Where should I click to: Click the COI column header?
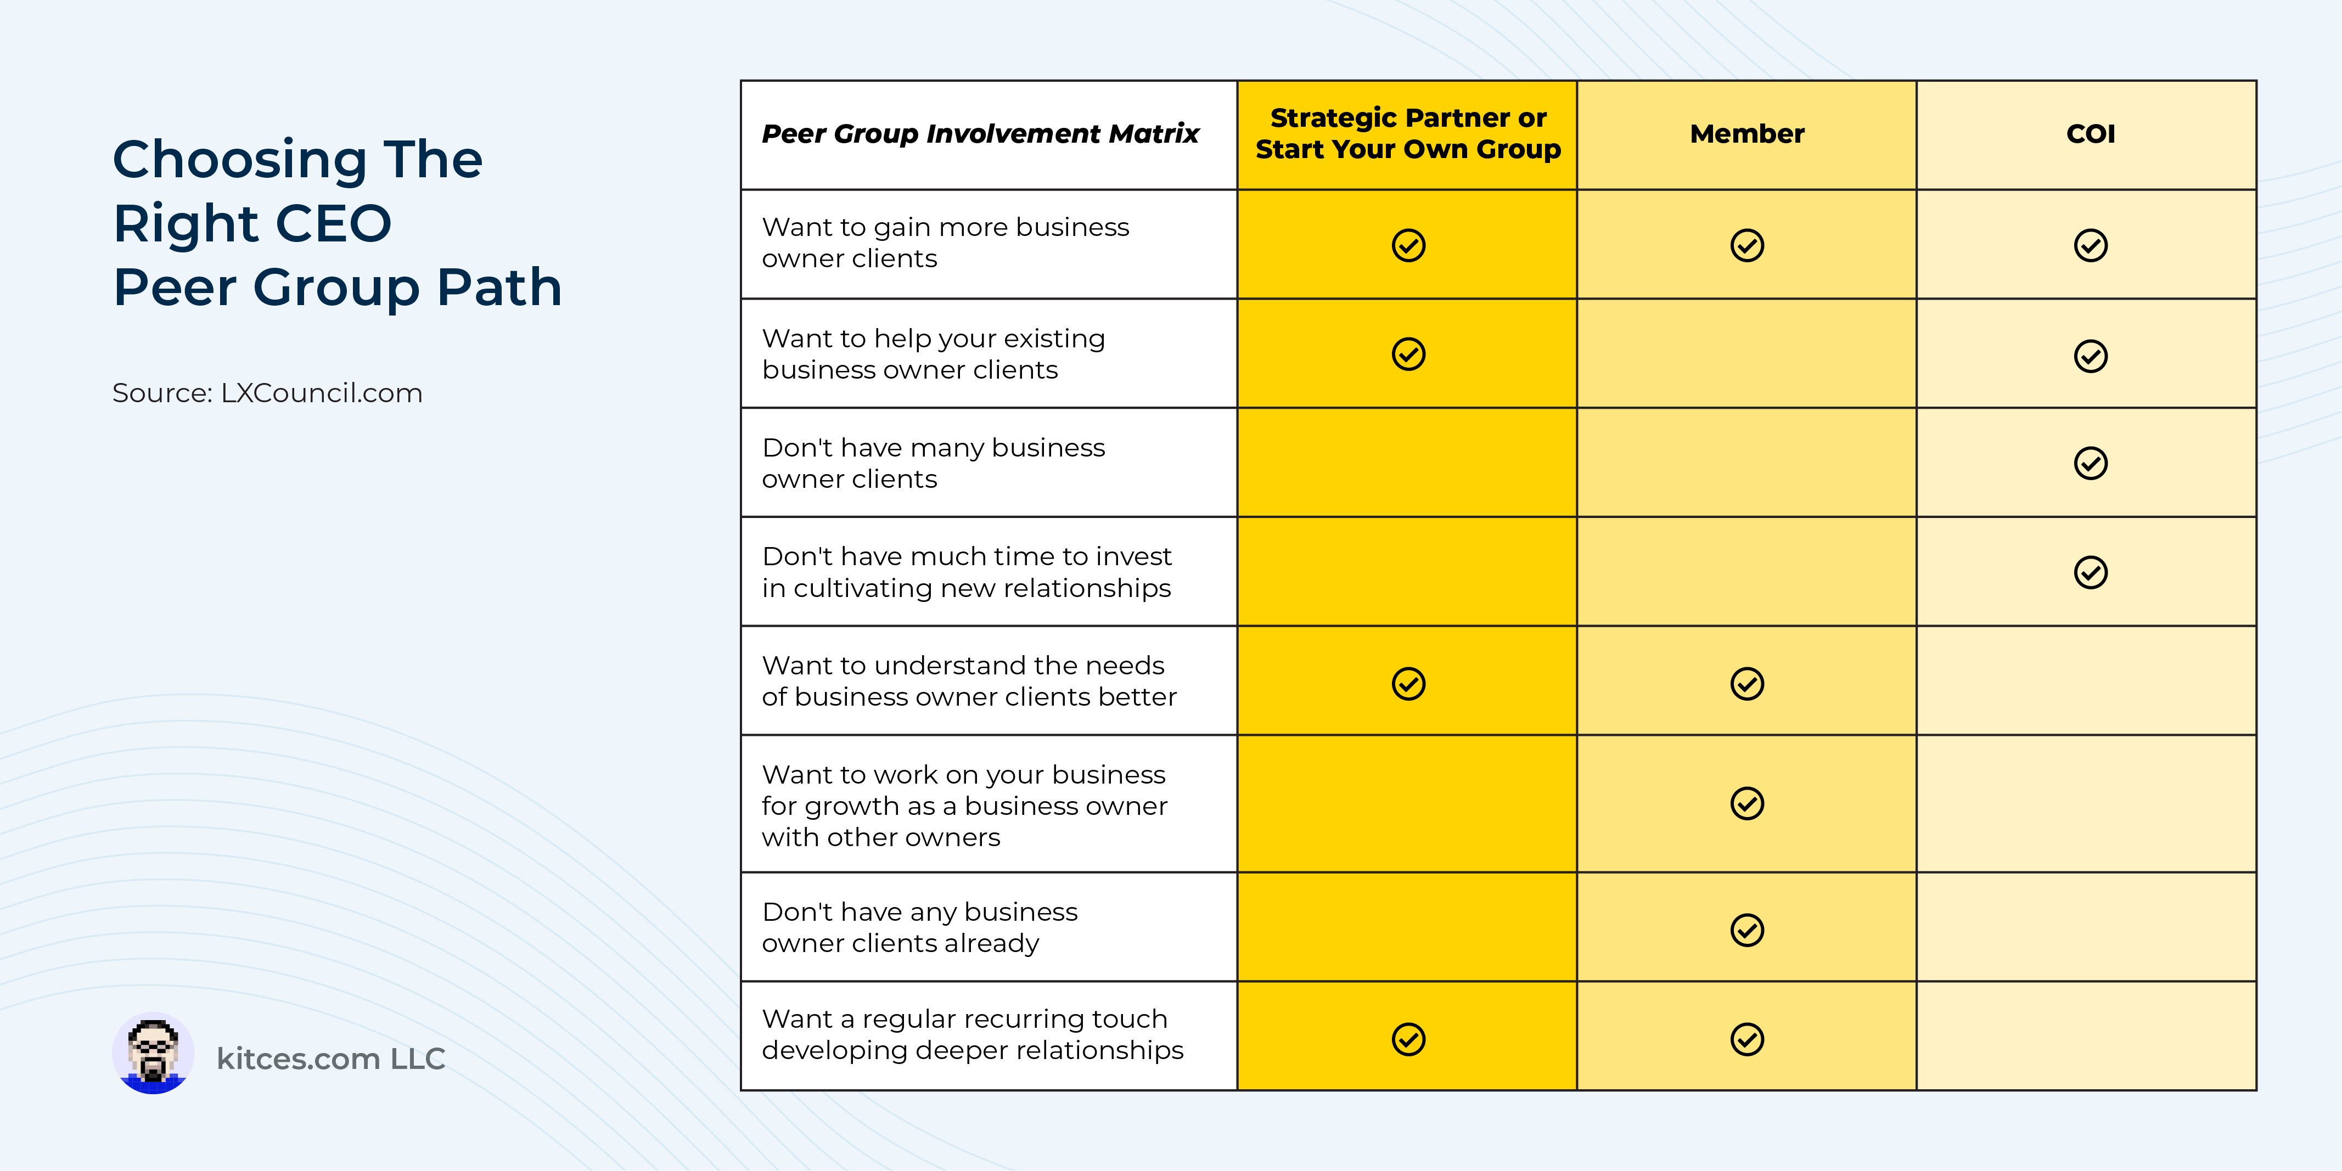coord(2090,134)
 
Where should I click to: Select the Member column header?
coord(1746,134)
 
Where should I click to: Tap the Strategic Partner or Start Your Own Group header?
coord(1407,134)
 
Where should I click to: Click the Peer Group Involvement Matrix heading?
coord(980,134)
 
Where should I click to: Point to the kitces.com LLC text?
coord(331,1059)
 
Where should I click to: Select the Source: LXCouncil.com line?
coord(267,393)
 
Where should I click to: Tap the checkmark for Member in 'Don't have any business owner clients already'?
coord(1746,929)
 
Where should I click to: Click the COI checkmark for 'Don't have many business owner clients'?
coord(2090,463)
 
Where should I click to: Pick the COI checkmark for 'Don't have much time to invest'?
coord(2090,572)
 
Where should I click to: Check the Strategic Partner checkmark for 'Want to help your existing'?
coord(1408,354)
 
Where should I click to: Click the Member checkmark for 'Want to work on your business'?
coord(1746,803)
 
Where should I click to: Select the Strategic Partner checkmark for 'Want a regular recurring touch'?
coord(1408,1038)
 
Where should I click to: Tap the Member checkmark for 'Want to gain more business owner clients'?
coord(1746,245)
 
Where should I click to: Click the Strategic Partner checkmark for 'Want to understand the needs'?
coord(1408,683)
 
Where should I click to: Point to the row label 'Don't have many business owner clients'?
coord(933,463)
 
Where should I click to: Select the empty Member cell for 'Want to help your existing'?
coord(1746,354)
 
